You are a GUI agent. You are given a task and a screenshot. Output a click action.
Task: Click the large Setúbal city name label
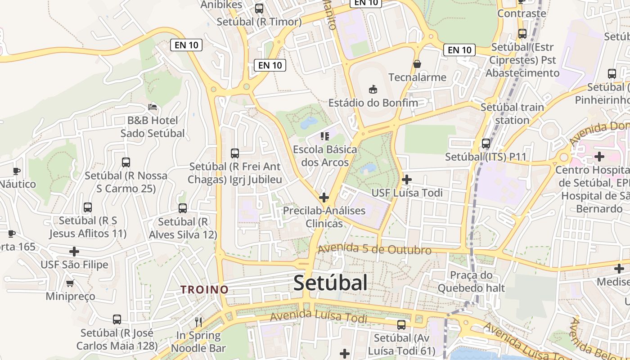point(330,283)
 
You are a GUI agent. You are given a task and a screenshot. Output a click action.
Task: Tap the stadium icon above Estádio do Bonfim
point(373,89)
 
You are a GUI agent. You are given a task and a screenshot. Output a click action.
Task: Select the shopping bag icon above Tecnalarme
point(417,64)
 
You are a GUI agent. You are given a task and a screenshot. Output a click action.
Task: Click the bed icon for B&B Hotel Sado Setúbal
point(153,107)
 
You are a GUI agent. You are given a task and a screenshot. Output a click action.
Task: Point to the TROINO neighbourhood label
point(205,290)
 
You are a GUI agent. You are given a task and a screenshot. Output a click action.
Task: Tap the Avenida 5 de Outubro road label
point(374,249)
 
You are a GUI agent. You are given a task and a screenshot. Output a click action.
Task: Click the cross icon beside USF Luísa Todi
point(407,180)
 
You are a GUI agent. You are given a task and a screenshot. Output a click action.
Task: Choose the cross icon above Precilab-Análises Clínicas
point(324,197)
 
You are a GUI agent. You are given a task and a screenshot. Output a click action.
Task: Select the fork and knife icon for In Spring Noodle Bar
point(198,322)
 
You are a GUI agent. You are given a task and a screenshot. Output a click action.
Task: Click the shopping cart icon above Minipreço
point(70,283)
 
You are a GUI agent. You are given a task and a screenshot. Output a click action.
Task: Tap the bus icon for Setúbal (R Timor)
point(259,8)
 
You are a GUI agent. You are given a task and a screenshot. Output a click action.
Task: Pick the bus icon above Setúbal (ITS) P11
point(486,144)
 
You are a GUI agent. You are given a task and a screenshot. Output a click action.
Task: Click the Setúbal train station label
point(512,114)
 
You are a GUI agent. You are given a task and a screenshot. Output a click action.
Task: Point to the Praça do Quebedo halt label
point(471,281)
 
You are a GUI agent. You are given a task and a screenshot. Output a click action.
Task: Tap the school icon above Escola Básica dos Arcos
point(325,136)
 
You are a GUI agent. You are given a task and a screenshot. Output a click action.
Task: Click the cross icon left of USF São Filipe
point(74,251)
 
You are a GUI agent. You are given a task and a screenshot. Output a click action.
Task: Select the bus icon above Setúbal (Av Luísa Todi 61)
point(401,324)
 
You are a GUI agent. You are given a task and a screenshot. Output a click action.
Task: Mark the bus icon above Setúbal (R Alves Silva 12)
point(183,208)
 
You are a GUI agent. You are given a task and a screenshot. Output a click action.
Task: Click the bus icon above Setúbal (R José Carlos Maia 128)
point(117,319)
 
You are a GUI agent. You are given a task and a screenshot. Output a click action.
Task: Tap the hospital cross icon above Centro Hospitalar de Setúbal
point(599,157)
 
